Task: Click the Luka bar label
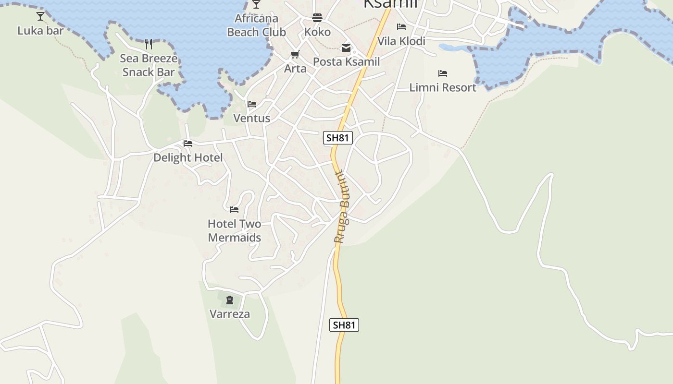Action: (x=40, y=31)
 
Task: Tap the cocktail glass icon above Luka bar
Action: (x=40, y=16)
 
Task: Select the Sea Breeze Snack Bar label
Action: (x=148, y=65)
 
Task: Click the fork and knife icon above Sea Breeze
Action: (x=149, y=44)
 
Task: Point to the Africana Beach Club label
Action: (x=256, y=25)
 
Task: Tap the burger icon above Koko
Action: (x=317, y=18)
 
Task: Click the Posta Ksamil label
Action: (x=346, y=61)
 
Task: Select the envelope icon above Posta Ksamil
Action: (x=346, y=48)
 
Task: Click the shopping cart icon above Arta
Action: (x=295, y=55)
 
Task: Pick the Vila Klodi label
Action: (x=401, y=41)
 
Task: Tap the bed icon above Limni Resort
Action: (x=443, y=73)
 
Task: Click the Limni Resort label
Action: (x=443, y=87)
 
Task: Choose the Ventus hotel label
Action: (x=251, y=118)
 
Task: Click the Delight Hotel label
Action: (x=188, y=157)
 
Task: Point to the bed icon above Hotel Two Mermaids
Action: (x=234, y=209)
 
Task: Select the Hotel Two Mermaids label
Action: (x=235, y=230)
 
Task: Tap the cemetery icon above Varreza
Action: (x=230, y=300)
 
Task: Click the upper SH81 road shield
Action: (x=338, y=138)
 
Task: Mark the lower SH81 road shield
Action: (x=344, y=325)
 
